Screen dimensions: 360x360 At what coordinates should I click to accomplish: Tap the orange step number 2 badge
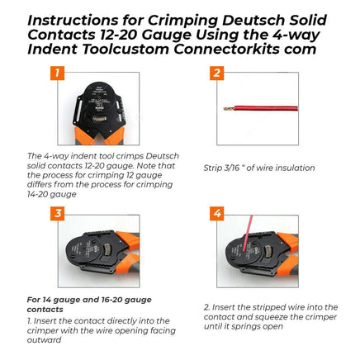pos(216,73)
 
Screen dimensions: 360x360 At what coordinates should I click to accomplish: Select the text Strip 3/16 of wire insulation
pos(258,168)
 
